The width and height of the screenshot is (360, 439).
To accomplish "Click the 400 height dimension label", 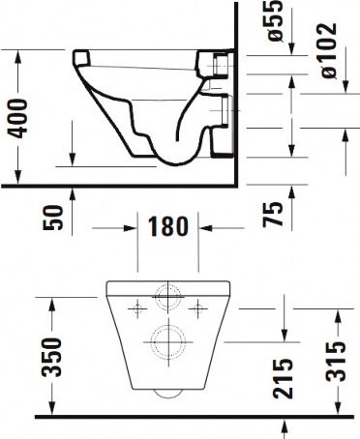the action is click(18, 119).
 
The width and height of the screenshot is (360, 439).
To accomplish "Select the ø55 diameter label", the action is click(275, 20).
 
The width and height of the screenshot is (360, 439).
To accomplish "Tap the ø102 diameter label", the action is click(329, 50).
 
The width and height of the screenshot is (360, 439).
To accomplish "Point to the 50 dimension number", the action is click(52, 218).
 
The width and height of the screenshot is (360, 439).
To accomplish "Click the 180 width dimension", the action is click(167, 226).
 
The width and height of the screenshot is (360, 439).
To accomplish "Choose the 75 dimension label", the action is click(273, 215).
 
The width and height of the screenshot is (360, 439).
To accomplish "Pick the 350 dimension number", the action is click(51, 357).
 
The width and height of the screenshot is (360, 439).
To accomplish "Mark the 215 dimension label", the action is click(283, 378).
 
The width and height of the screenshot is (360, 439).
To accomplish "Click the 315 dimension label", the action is click(336, 362).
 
